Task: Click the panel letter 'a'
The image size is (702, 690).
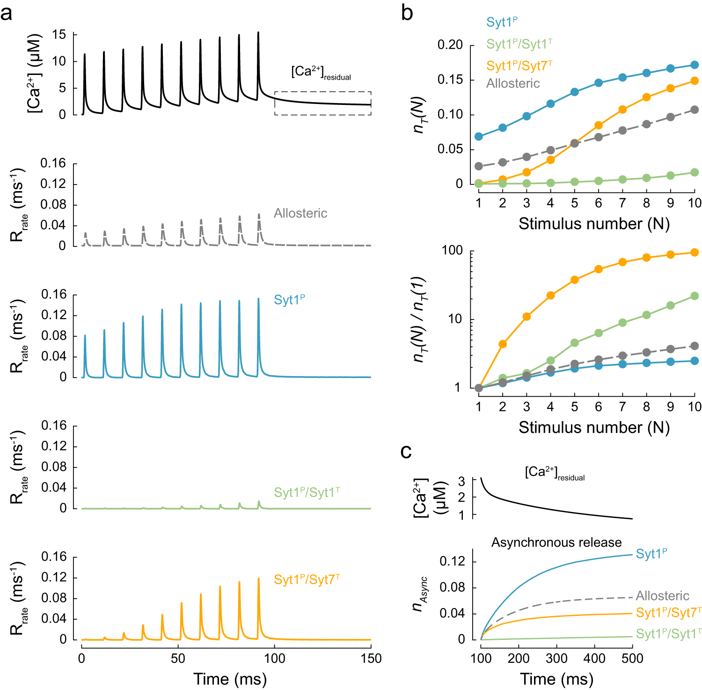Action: click(x=7, y=14)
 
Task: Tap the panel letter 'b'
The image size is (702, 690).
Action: click(x=407, y=13)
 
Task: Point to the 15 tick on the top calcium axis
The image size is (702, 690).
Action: click(x=59, y=35)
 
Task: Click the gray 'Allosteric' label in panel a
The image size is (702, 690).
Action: click(x=300, y=213)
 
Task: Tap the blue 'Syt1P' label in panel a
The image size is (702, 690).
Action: click(x=289, y=299)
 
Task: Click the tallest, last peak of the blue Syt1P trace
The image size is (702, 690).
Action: click(x=258, y=299)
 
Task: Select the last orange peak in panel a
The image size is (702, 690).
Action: click(x=258, y=579)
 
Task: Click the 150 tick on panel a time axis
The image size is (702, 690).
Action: click(x=371, y=658)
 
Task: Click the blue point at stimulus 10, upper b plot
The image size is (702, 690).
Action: click(x=695, y=65)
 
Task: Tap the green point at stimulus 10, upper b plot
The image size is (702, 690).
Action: click(x=695, y=173)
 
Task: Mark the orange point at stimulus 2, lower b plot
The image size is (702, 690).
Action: click(x=503, y=344)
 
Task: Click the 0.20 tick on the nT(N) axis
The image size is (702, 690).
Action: click(x=450, y=45)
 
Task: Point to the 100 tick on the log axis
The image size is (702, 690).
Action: click(x=452, y=251)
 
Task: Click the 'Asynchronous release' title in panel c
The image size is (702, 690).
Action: click(x=556, y=542)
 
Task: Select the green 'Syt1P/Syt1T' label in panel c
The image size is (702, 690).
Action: click(x=668, y=634)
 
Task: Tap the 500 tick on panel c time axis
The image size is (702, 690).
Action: click(x=632, y=658)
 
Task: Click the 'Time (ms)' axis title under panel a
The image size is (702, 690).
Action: click(x=230, y=679)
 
